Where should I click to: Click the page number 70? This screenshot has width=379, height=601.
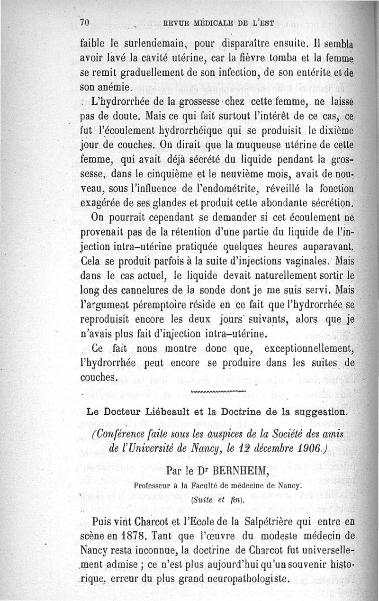point(85,22)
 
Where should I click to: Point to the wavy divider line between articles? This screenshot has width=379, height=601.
point(218,392)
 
